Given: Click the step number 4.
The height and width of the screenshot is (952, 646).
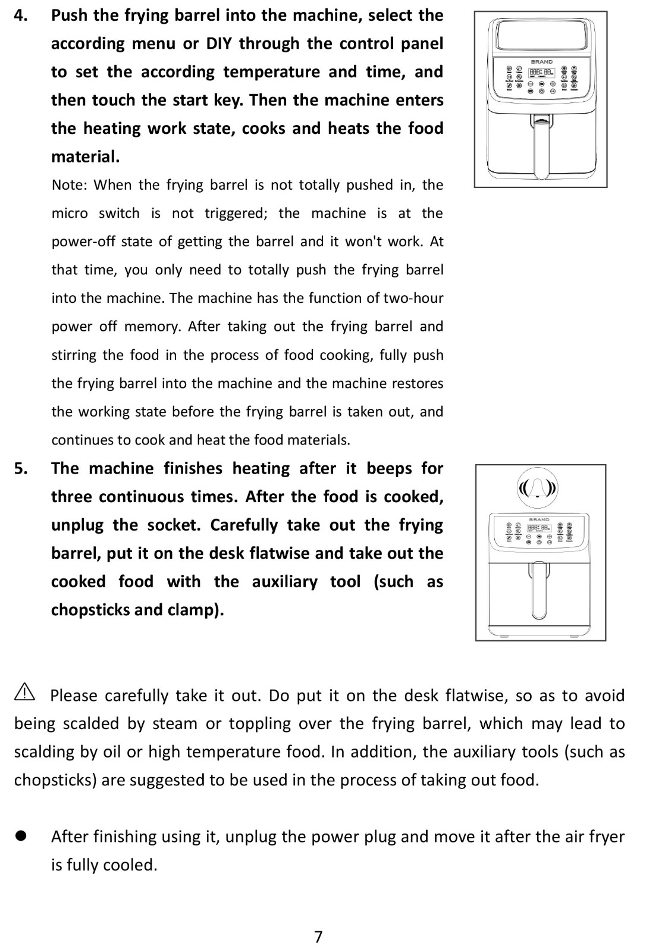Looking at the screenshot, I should point(21,15).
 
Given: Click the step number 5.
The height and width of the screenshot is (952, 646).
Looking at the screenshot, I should point(21,469).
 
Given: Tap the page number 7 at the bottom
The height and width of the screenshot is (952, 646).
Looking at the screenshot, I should point(318,937).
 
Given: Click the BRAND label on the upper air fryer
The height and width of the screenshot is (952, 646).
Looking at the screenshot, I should point(541,61).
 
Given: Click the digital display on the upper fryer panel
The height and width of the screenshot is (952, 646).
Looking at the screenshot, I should point(541,73).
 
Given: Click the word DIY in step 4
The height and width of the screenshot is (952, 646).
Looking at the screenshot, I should point(219,43).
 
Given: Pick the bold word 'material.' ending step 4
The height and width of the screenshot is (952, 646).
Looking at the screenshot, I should point(85,156).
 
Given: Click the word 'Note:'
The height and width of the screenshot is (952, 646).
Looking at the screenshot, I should point(69,185).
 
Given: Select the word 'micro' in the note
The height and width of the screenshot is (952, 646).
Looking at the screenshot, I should point(70,213).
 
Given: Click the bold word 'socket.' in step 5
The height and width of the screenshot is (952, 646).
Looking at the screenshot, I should point(172,525).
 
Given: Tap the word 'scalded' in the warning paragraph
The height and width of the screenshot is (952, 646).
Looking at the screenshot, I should point(91,724).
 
